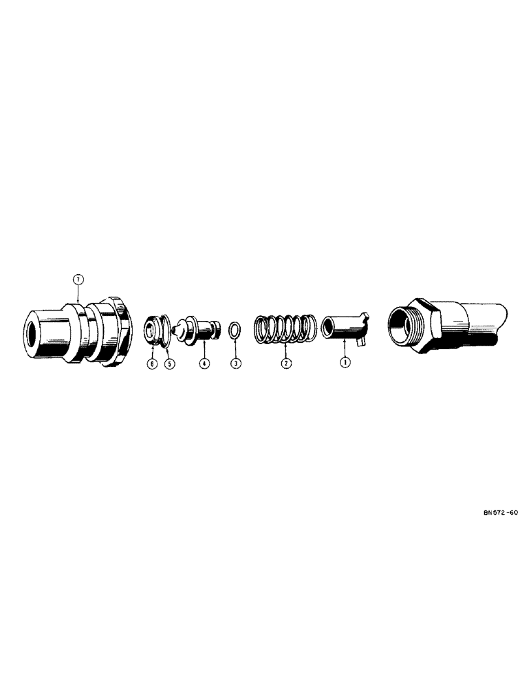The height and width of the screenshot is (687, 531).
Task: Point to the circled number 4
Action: (204, 363)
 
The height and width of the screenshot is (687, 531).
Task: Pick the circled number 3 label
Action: (235, 363)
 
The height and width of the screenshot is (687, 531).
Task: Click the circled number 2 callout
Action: (285, 363)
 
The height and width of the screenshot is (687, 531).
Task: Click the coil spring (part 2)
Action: (283, 328)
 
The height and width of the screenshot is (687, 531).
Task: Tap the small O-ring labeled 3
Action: (235, 328)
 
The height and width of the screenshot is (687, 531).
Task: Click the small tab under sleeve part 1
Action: (360, 338)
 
